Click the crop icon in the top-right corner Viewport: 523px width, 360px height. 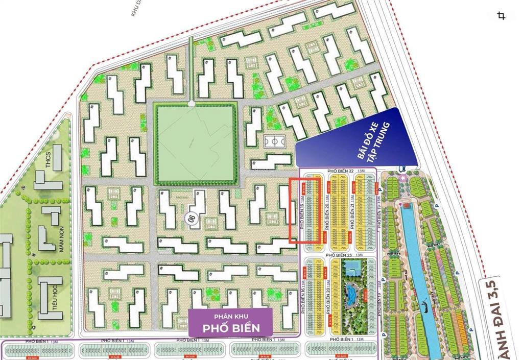[501, 16]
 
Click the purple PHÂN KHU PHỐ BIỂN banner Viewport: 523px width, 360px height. [230, 323]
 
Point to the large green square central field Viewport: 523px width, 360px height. [196, 142]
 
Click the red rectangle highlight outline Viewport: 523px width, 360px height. [305, 210]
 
